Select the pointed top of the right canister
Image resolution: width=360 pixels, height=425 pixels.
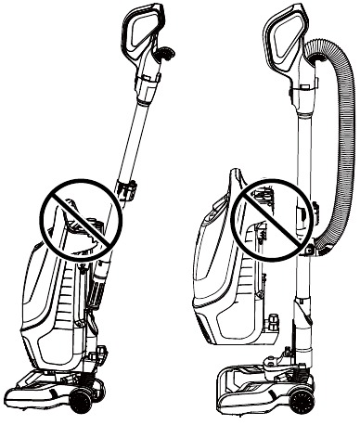pyautogui.click(x=238, y=176)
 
